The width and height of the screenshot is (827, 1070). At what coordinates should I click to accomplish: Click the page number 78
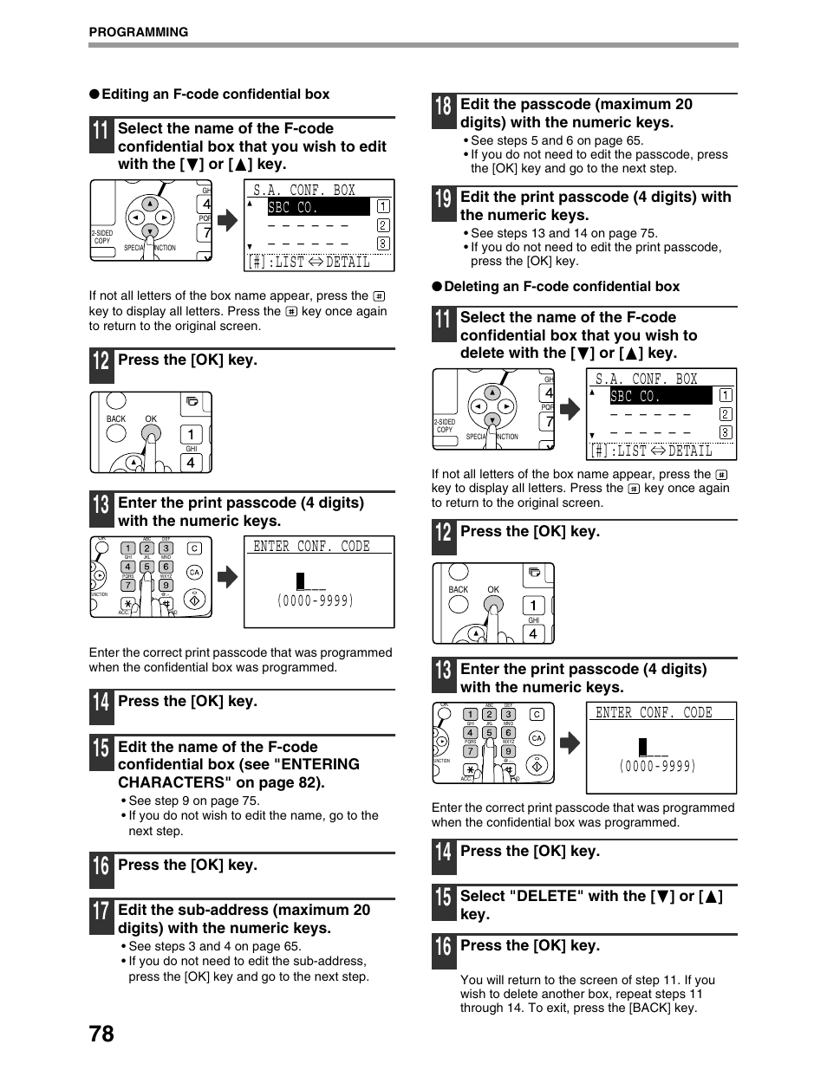click(101, 1033)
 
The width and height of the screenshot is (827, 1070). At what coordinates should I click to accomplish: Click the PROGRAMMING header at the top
click(139, 32)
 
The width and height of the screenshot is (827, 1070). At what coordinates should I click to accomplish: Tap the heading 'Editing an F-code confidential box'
click(215, 94)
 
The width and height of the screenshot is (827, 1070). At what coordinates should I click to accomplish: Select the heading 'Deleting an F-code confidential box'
click(562, 287)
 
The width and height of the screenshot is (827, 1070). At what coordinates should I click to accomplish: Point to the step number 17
click(101, 917)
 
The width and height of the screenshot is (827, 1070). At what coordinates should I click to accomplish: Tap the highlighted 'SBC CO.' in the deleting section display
click(635, 396)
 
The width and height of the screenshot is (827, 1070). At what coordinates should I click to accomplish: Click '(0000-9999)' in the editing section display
click(316, 600)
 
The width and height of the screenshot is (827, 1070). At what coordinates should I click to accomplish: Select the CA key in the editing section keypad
click(195, 572)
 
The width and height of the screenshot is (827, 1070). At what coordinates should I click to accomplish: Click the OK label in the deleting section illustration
click(493, 589)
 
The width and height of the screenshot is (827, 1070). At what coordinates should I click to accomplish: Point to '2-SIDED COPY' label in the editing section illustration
click(102, 237)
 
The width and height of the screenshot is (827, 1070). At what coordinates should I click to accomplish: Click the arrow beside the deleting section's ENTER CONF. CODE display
click(570, 743)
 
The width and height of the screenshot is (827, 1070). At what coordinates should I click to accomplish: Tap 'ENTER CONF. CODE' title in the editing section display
click(312, 546)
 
